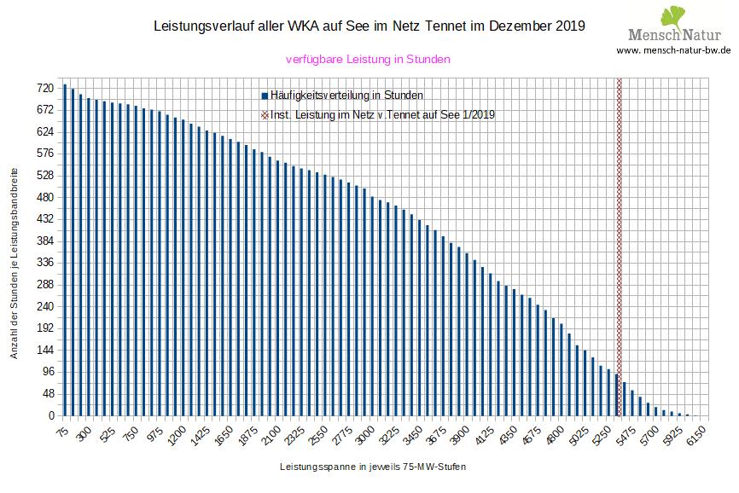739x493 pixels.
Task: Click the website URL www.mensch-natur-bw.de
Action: pyautogui.click(x=673, y=50)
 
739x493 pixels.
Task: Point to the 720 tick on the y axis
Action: pyautogui.click(x=44, y=88)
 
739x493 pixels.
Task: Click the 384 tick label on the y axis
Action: pyautogui.click(x=44, y=241)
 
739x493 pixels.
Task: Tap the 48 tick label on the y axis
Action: pyautogui.click(x=47, y=394)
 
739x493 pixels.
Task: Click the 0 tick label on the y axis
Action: pyautogui.click(x=50, y=416)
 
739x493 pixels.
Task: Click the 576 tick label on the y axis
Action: pyautogui.click(x=44, y=154)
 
